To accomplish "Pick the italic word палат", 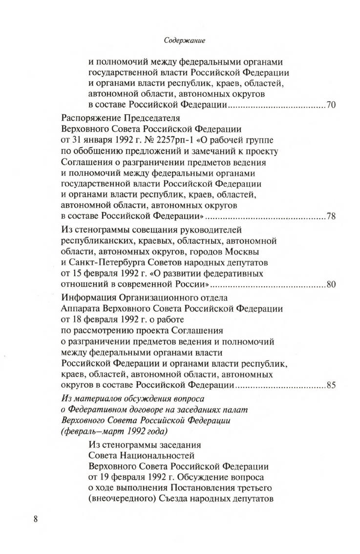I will click(237, 409).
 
